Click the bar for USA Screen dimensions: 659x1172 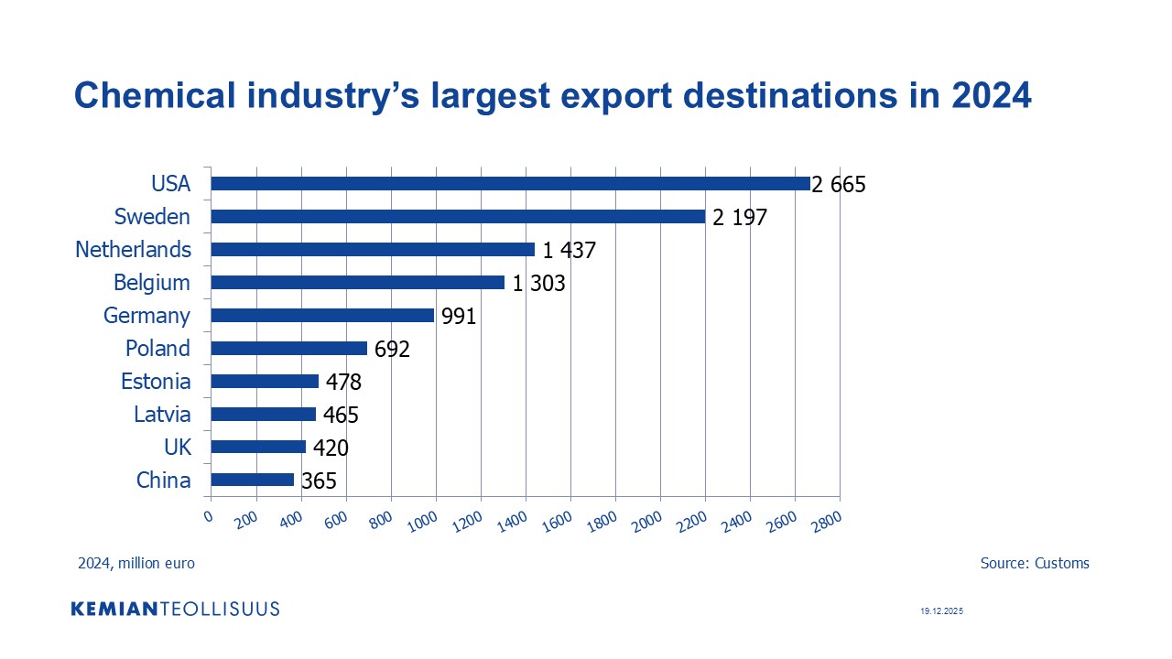click(x=510, y=184)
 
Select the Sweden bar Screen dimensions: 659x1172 click(x=458, y=217)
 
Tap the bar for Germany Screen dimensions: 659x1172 click(x=322, y=316)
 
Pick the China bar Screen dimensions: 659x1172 click(x=253, y=480)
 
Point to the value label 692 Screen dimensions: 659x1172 click(x=392, y=350)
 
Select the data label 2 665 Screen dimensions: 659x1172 click(x=838, y=185)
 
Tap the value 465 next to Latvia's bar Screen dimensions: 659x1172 click(x=340, y=416)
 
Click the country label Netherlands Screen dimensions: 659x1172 click(x=134, y=250)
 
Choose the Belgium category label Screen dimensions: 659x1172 click(x=152, y=283)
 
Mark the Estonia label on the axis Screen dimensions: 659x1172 click(x=156, y=382)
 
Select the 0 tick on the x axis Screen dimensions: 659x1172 click(x=209, y=516)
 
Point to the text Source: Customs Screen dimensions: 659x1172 click(x=1035, y=564)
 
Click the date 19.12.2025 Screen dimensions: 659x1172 click(x=942, y=610)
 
